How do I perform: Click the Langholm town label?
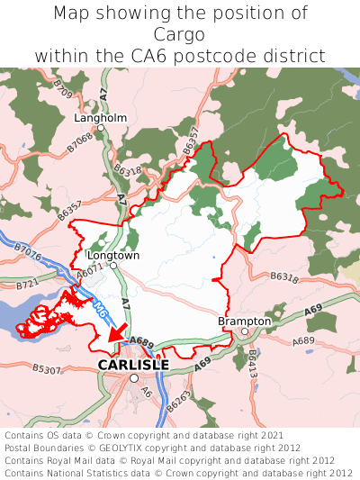(101, 117)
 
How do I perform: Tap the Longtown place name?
(113, 255)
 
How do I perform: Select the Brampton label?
(244, 321)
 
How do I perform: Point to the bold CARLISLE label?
(133, 365)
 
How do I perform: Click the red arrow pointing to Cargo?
(115, 334)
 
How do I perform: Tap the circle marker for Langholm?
(102, 129)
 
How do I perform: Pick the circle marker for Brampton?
(245, 331)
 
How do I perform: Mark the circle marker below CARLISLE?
(134, 378)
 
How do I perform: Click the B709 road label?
(62, 89)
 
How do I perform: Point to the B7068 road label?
(80, 140)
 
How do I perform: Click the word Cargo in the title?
(180, 34)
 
